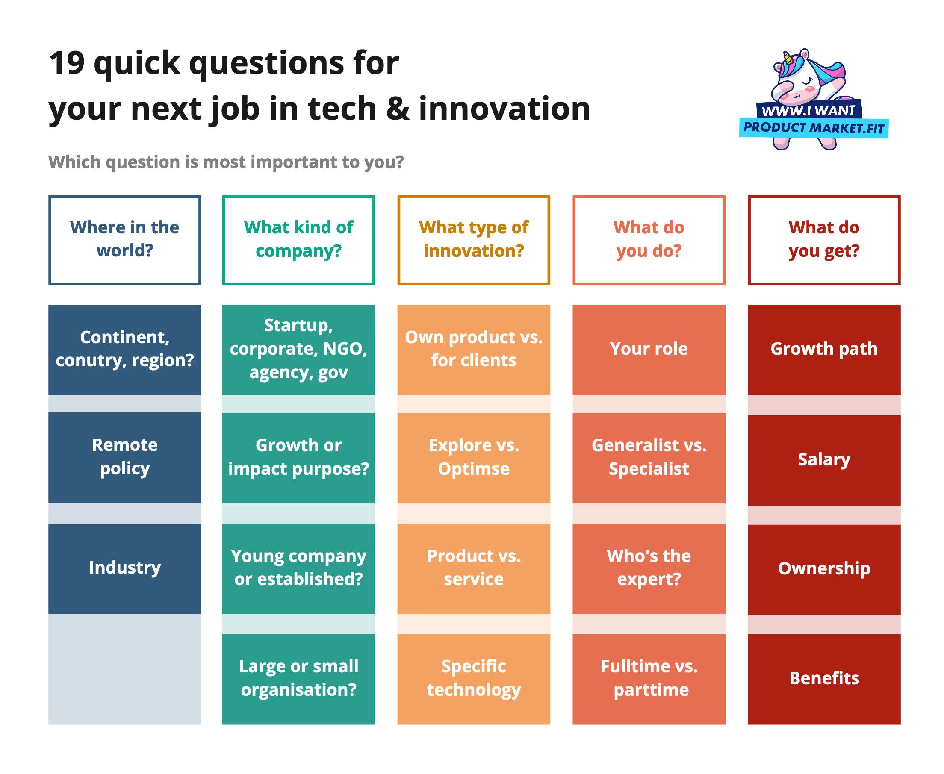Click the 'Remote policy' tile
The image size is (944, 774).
[124, 457]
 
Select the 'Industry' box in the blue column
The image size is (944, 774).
[124, 568]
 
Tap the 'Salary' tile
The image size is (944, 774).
[823, 460]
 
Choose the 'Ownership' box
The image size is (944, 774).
[823, 569]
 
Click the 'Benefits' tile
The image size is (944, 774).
[823, 679]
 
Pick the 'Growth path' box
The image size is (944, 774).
[823, 350]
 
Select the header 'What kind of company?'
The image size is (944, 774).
[298, 240]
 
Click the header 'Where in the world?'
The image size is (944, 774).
[124, 240]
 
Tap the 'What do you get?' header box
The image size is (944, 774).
[823, 240]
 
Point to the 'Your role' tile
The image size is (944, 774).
[649, 350]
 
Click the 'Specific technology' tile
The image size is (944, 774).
[473, 679]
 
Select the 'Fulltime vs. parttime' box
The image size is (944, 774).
[649, 679]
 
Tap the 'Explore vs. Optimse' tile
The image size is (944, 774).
[473, 457]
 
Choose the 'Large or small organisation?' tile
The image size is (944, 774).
[298, 679]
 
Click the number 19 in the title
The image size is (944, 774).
[67, 63]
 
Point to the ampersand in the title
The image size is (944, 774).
[397, 110]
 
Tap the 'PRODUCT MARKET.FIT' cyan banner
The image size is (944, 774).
[813, 128]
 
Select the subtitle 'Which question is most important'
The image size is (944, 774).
[226, 162]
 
